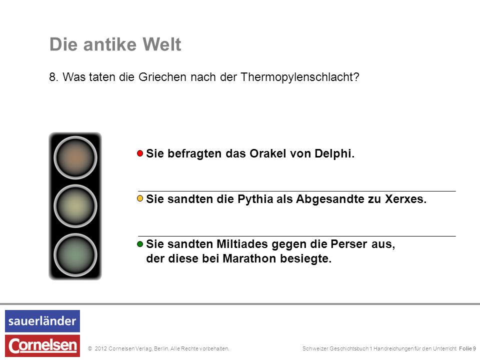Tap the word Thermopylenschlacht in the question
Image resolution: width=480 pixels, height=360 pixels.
[299, 77]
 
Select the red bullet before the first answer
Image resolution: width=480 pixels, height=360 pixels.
[140, 153]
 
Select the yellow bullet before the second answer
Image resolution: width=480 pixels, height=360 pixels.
[140, 198]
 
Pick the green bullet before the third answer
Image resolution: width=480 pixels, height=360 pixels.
[140, 244]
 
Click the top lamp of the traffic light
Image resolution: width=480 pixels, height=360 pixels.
[75, 157]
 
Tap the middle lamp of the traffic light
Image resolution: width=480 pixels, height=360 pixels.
[75, 206]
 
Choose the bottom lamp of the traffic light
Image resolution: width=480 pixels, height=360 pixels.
[75, 254]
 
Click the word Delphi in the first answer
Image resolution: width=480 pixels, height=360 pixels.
[334, 153]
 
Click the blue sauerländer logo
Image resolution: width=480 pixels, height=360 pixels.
[42, 321]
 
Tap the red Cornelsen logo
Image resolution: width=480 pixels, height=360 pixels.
[42, 346]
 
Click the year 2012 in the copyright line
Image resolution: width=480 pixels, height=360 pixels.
[100, 348]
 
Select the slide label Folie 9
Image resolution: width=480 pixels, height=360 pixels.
[467, 348]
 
